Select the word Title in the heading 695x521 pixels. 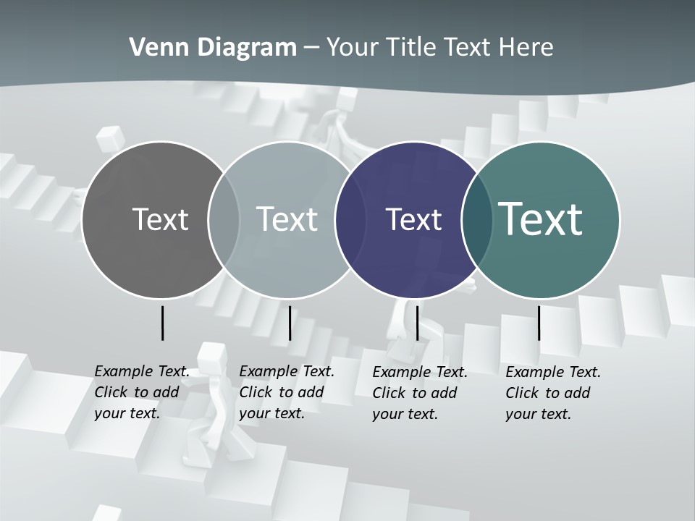tap(410, 48)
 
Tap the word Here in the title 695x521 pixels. tap(526, 48)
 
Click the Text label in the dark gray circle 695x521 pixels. tap(160, 219)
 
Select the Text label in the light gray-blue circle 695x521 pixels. tap(287, 219)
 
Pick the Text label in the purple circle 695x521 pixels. tap(413, 219)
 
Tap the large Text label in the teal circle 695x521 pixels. tap(541, 219)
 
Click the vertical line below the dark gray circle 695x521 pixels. tap(162, 323)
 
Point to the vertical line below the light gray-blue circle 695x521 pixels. tap(290, 323)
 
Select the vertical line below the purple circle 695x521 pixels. tap(417, 323)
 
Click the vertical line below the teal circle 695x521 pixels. tap(539, 323)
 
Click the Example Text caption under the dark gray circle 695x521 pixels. tap(142, 392)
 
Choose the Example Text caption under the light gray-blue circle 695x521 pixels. tap(287, 392)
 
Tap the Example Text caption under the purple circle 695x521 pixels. tap(420, 393)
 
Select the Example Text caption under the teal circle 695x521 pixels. tap(553, 393)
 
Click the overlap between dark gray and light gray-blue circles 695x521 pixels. tap(224, 219)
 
